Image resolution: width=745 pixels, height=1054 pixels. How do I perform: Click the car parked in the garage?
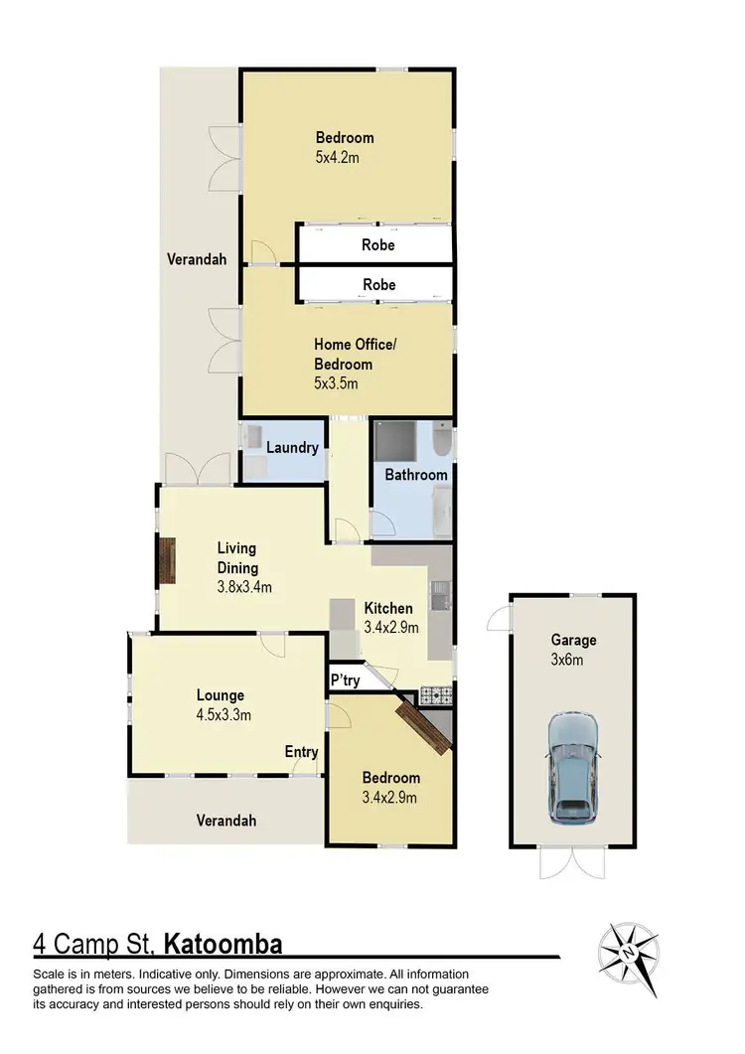click(x=573, y=766)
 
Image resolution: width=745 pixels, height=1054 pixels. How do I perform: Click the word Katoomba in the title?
click(x=225, y=941)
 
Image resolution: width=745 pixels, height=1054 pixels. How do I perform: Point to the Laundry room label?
click(x=292, y=448)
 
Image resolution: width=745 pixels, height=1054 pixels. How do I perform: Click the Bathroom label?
click(x=416, y=475)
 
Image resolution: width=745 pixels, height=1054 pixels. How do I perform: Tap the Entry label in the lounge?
click(x=301, y=752)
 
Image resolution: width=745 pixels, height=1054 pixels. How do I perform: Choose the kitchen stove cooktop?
click(x=436, y=693)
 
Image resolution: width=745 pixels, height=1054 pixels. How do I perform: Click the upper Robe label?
click(x=378, y=244)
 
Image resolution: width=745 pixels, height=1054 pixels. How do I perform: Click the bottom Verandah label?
click(x=224, y=821)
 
